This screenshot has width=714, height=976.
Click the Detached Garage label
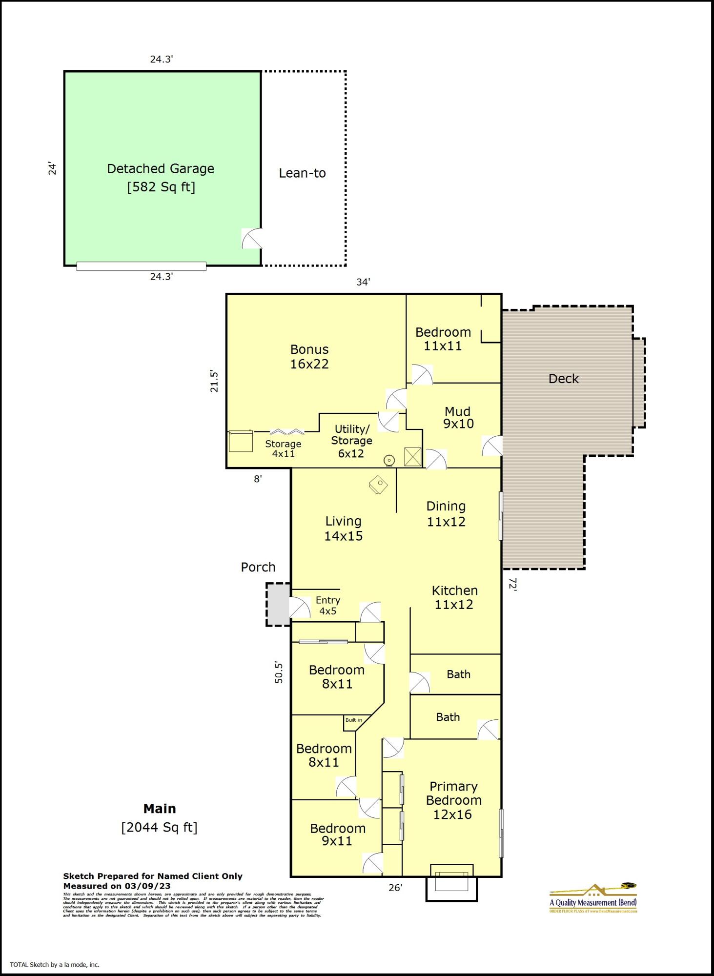click(x=161, y=169)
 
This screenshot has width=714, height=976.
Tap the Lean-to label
click(x=302, y=173)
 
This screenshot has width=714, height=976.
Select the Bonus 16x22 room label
click(x=309, y=357)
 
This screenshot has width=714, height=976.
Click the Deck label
click(x=563, y=379)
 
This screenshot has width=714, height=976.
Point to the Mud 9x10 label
click(x=458, y=418)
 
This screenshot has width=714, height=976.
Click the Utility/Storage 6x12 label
click(x=351, y=441)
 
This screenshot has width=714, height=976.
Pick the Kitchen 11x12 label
click(x=454, y=597)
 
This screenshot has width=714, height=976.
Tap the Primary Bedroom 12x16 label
click(x=453, y=800)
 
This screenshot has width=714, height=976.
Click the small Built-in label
click(x=354, y=720)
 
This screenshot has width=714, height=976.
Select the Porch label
click(x=258, y=567)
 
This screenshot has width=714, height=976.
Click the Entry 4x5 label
click(x=328, y=606)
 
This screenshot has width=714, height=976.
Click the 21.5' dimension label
click(x=214, y=381)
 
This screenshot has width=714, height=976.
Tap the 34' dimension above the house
click(x=363, y=282)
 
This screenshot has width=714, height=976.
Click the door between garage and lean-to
click(x=252, y=239)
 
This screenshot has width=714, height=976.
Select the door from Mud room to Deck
click(x=492, y=446)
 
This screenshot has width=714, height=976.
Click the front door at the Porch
click(x=299, y=608)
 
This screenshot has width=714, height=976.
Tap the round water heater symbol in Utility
click(x=389, y=460)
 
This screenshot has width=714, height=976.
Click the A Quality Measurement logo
click(x=593, y=898)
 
